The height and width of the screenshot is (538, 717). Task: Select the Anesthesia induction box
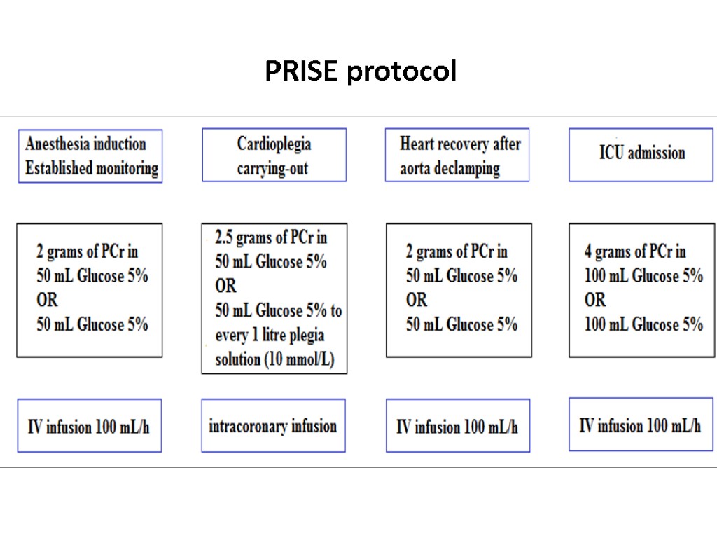point(90,156)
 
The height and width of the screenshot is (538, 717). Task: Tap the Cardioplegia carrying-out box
point(274,156)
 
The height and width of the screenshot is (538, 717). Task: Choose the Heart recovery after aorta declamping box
point(457,156)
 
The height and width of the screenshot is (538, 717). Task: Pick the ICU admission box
point(641,154)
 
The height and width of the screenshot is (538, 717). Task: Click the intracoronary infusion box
point(273,426)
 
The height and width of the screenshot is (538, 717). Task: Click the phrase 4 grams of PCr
point(635,251)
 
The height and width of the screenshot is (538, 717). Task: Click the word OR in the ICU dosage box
point(595,300)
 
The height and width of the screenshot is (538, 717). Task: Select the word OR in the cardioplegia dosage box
point(225,287)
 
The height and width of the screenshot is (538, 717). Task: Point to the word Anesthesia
point(57,144)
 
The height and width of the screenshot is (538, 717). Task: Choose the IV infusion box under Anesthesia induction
point(89,426)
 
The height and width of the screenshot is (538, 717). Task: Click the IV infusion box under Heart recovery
point(457,426)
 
